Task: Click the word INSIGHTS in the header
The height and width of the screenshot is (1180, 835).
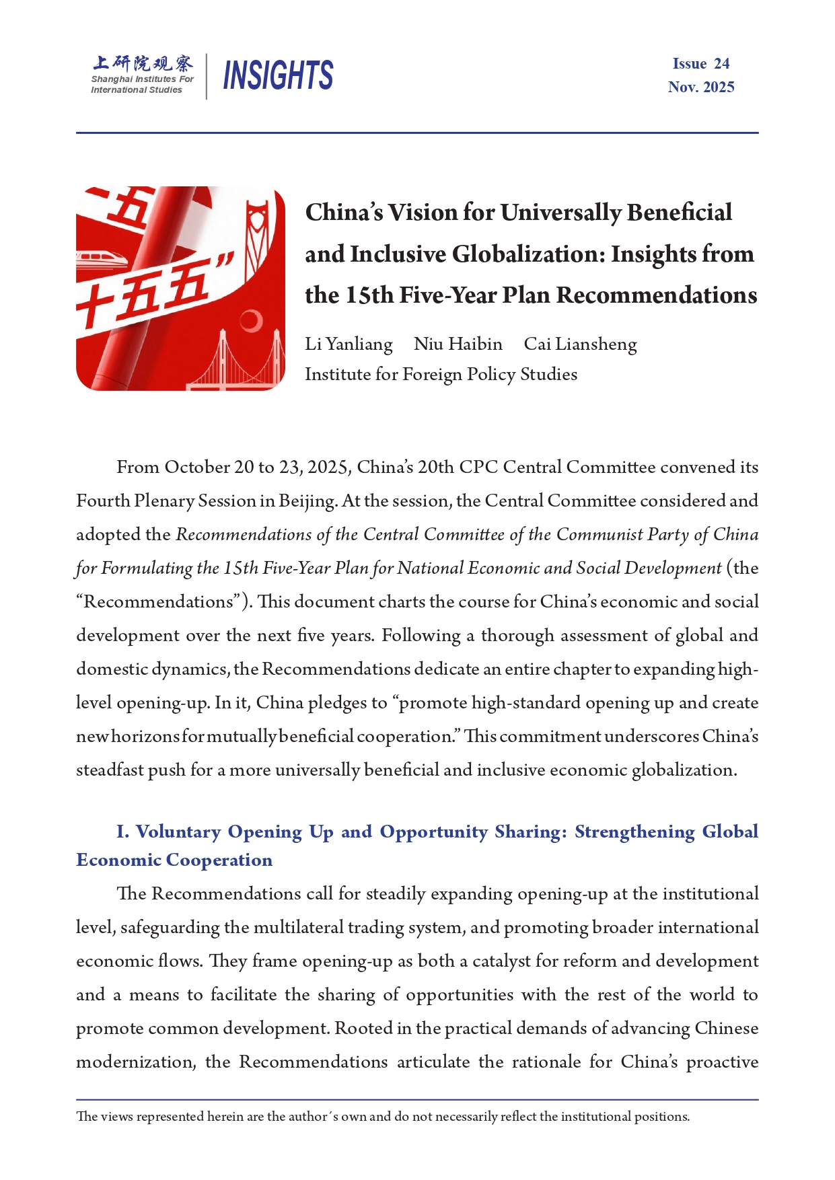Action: [278, 75]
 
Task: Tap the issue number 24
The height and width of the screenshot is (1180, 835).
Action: [721, 64]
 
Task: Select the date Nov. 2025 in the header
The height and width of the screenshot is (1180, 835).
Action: [700, 87]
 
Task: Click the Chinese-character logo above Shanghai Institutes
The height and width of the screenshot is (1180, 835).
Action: [143, 63]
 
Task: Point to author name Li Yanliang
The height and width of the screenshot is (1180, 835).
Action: [349, 344]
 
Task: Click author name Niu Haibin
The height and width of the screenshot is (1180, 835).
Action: [458, 344]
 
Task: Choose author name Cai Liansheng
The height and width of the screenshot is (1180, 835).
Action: [580, 344]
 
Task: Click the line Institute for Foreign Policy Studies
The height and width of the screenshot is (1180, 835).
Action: [441, 375]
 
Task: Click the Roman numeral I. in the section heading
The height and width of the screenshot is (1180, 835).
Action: [122, 832]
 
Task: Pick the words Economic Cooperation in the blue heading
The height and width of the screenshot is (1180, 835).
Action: [174, 860]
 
